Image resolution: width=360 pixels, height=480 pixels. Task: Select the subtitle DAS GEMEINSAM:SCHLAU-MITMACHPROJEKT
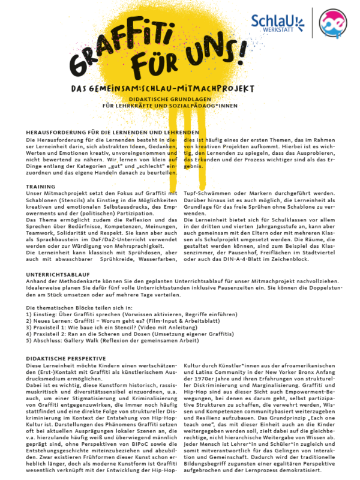point(161,88)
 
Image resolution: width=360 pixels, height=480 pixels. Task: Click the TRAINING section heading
point(41,187)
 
